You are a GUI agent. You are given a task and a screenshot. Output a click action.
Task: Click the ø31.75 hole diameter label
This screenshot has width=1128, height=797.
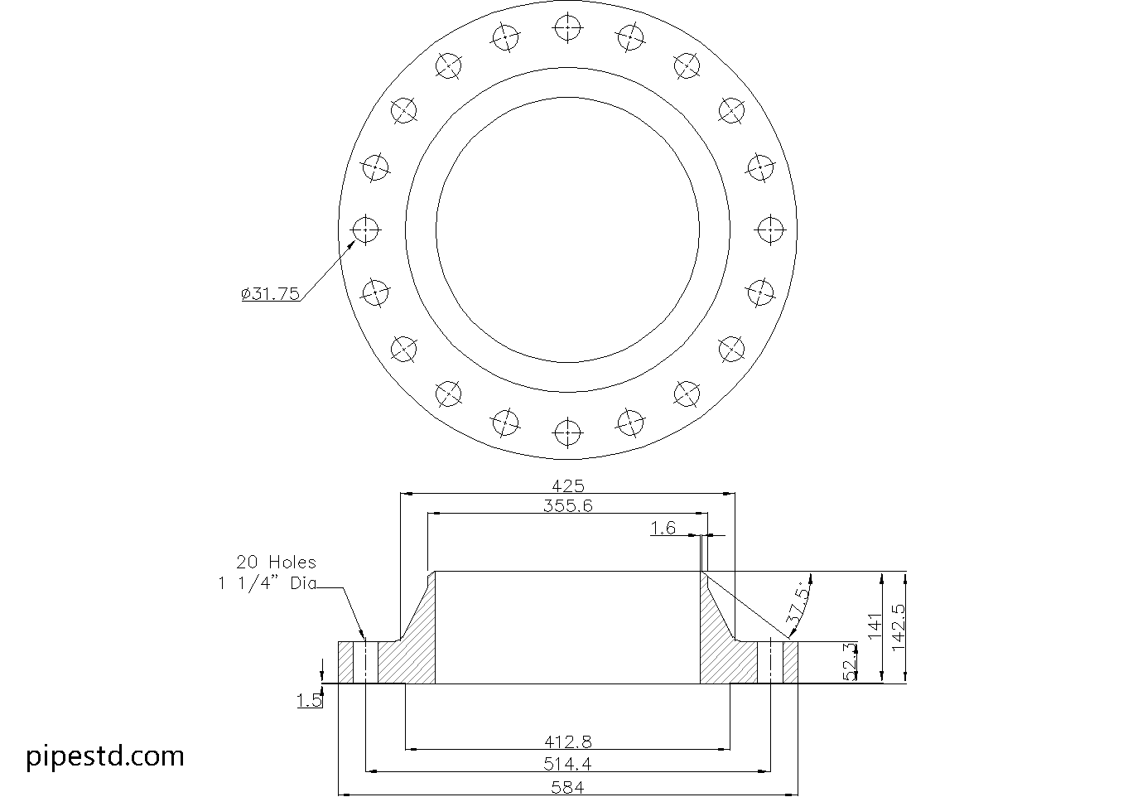point(271,293)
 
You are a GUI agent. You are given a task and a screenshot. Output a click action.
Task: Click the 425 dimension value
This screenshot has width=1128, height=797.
point(568,486)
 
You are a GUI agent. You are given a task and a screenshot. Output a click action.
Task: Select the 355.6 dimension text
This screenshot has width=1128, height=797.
point(568,505)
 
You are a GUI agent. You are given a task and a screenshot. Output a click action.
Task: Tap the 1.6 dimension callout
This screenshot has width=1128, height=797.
point(663,528)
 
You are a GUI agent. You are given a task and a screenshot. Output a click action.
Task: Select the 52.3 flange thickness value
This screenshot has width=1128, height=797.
point(850,662)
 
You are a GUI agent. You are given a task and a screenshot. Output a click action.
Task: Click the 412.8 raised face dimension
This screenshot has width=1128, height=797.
point(568,741)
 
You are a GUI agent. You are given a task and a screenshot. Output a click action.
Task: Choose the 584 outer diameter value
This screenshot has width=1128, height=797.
point(568,787)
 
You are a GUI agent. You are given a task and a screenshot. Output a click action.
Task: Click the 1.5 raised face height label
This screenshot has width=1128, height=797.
point(309,701)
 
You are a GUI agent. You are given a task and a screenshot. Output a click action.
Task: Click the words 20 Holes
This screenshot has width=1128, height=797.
point(276,562)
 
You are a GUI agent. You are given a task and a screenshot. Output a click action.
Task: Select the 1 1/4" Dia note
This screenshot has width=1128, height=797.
point(267,583)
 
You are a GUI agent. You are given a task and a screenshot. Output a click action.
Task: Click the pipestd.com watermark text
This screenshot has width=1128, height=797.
point(105,756)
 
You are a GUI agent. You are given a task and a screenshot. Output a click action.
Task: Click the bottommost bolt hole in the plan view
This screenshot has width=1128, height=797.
point(567,431)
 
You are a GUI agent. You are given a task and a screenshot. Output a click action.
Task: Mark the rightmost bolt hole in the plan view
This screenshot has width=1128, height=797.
point(770,229)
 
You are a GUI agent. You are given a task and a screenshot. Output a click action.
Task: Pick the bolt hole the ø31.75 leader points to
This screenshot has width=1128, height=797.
point(365,229)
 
